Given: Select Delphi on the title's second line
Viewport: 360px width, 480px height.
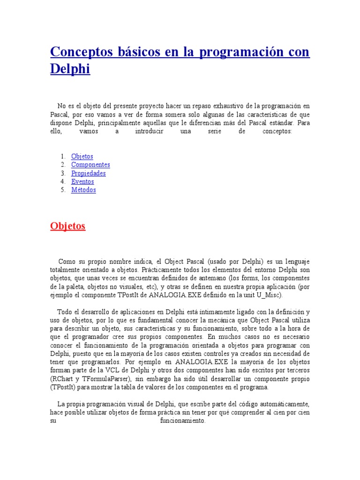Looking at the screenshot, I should click(x=70, y=69).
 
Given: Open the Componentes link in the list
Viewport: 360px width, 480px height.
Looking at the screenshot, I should click(x=90, y=165).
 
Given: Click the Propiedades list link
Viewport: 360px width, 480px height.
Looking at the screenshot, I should click(x=88, y=173).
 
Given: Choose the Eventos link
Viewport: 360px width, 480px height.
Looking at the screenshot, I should click(x=82, y=181).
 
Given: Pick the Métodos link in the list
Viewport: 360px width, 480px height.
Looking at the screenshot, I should click(x=83, y=190).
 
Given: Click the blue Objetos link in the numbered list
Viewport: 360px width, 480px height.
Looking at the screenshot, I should click(x=82, y=156).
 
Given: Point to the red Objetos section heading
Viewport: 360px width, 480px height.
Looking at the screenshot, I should click(x=68, y=226).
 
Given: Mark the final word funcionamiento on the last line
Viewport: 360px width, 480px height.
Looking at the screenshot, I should click(x=183, y=421).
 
